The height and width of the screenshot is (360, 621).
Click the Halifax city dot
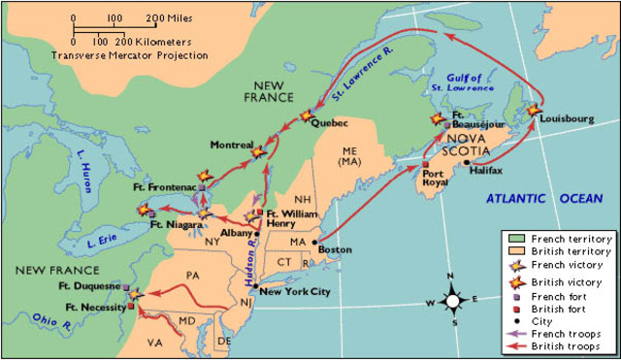point(467,161)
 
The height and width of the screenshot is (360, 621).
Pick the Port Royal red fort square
point(425,165)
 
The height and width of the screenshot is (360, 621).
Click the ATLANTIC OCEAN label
point(544,198)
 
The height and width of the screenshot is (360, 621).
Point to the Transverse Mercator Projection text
point(130,56)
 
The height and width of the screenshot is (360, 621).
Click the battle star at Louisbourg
point(536,113)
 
